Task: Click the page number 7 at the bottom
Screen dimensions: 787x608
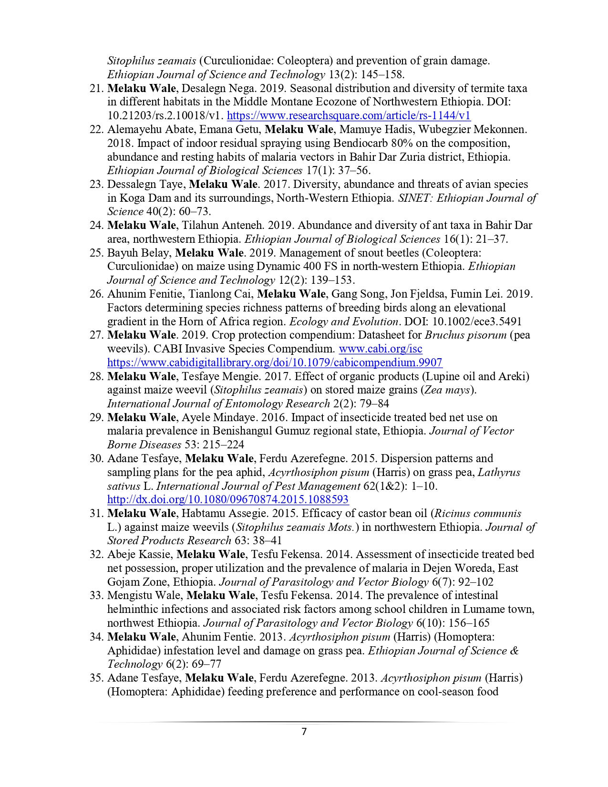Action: click(x=304, y=732)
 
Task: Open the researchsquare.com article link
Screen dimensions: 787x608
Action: click(x=349, y=115)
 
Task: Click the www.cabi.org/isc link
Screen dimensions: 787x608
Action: click(x=380, y=349)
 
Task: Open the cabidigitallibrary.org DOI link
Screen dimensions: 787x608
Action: click(x=275, y=362)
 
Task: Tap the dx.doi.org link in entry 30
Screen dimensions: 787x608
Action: click(x=228, y=499)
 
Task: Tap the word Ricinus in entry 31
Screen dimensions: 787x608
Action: click(x=453, y=513)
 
